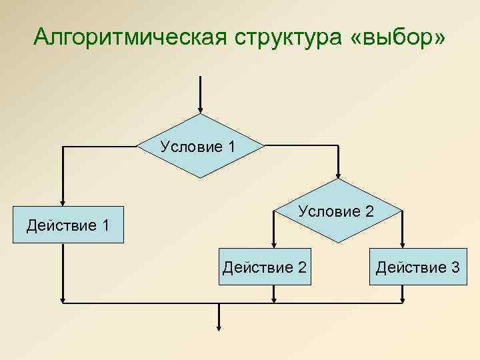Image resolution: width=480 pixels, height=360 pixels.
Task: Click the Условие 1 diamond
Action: [x=199, y=145]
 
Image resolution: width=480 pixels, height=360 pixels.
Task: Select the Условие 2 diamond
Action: [x=337, y=211]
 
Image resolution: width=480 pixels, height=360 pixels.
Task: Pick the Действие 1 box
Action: [x=68, y=225]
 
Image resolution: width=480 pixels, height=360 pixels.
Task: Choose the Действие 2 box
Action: [x=264, y=267]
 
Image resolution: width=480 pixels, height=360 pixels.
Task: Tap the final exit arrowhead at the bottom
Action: [x=219, y=326]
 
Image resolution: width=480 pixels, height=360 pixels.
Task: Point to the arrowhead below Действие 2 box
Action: [x=273, y=297]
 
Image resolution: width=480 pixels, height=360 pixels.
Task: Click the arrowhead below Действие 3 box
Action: [x=402, y=297]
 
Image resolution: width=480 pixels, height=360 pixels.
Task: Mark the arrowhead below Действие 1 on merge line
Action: [x=63, y=297]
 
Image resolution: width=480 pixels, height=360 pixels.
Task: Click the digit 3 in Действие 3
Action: [x=455, y=267]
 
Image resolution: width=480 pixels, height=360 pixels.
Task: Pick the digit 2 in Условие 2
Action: [x=369, y=211]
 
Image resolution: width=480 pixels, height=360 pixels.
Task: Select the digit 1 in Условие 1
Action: [x=231, y=146]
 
